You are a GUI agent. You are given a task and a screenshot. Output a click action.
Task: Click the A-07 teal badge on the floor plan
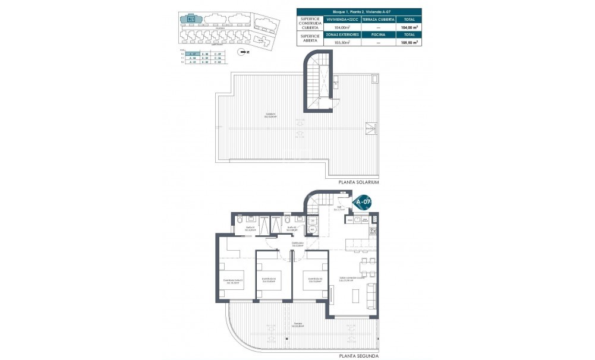[x=363, y=203]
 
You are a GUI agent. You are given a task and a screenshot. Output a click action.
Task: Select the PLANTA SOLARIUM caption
[x=358, y=182]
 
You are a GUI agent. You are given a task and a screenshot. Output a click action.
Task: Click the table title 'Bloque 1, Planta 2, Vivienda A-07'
[x=358, y=12]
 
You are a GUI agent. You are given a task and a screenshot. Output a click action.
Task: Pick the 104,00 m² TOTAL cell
[x=410, y=27]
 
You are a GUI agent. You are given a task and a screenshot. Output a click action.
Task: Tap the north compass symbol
[x=240, y=52]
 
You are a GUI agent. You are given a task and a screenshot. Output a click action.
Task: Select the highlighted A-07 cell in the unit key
[x=191, y=54]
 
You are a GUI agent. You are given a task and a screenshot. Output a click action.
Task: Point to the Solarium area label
[x=271, y=116]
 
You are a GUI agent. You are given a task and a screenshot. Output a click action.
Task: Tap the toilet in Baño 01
[x=238, y=220]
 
